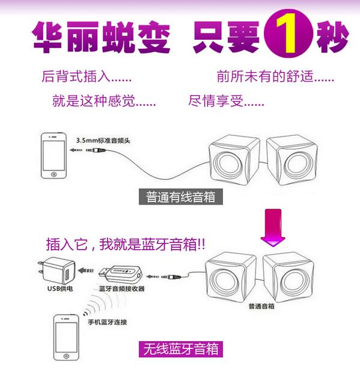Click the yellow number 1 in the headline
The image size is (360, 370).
[x=288, y=37]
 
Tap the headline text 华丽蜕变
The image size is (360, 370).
[x=101, y=37]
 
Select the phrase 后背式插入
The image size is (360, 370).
[x=87, y=77]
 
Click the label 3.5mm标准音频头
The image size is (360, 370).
[x=103, y=140]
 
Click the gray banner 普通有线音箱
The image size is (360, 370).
[x=181, y=197]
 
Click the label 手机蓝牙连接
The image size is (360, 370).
[x=108, y=322]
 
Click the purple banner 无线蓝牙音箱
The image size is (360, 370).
[x=180, y=348]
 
